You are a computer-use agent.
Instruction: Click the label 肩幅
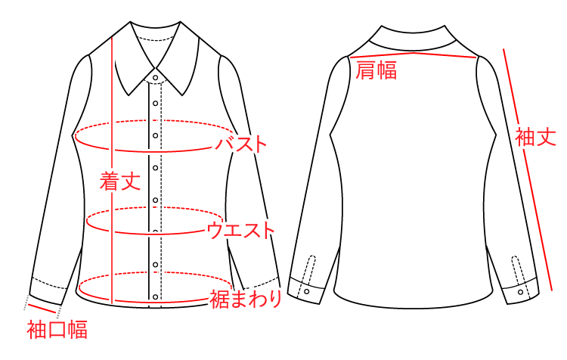click(x=376, y=71)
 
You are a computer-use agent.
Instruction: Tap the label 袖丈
click(x=535, y=137)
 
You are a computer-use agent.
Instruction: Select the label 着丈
click(x=120, y=181)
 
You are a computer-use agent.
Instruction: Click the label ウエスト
click(x=240, y=230)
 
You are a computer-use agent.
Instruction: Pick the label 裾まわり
click(x=246, y=299)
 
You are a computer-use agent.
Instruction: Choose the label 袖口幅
click(x=57, y=330)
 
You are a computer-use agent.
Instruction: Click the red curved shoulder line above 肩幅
click(x=414, y=54)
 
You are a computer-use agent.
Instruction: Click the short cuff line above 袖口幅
click(x=42, y=307)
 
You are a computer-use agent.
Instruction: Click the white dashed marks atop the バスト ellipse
click(x=155, y=120)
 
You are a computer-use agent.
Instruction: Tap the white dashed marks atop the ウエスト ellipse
click(x=155, y=207)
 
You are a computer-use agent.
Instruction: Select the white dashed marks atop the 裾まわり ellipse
click(x=155, y=272)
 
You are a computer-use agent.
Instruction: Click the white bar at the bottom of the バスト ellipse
click(x=155, y=152)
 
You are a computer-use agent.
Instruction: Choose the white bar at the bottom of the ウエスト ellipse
click(x=155, y=234)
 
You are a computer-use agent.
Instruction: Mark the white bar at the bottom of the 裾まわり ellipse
click(x=155, y=303)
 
